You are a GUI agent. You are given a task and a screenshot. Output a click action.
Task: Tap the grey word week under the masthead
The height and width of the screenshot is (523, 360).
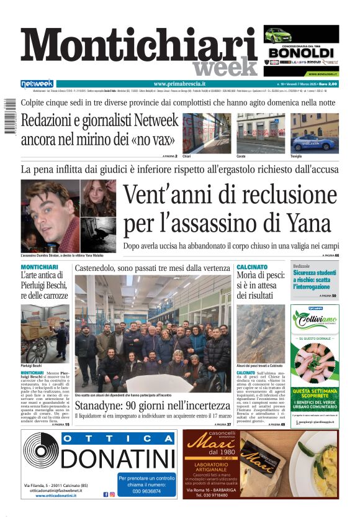tap(225, 66)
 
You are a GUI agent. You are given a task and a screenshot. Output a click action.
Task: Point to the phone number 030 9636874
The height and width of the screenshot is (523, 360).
tap(146, 491)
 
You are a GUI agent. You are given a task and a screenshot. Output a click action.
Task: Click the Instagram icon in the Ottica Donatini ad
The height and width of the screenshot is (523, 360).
tap(113, 495)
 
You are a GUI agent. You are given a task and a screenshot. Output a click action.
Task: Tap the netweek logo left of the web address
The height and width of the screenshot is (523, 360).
tap(37, 84)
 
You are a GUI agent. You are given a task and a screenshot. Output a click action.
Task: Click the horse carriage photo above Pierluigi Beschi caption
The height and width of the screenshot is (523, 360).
tap(45, 334)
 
